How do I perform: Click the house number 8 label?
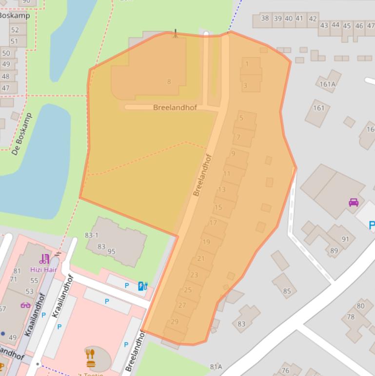coord(169,82)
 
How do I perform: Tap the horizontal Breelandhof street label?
coord(175,107)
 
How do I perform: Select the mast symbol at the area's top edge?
coord(176,33)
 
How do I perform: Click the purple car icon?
coord(354,202)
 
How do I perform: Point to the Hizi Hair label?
coord(44,270)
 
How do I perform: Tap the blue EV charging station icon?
coord(142,286)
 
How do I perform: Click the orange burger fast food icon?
coord(90,358)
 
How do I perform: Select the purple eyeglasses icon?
coord(25,305)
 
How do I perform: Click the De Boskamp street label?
coord(21,134)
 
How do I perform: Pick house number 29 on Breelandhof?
coord(174,321)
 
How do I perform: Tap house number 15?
coord(218,208)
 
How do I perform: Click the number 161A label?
coord(328,84)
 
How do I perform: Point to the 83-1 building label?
coord(91,235)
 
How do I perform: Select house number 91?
coord(345,239)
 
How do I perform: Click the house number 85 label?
coord(287,292)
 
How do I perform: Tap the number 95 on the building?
coord(112,251)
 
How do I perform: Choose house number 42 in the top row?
coord(313,19)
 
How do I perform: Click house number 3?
coord(245,85)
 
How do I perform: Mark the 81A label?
coord(216,367)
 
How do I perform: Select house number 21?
coord(201,258)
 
